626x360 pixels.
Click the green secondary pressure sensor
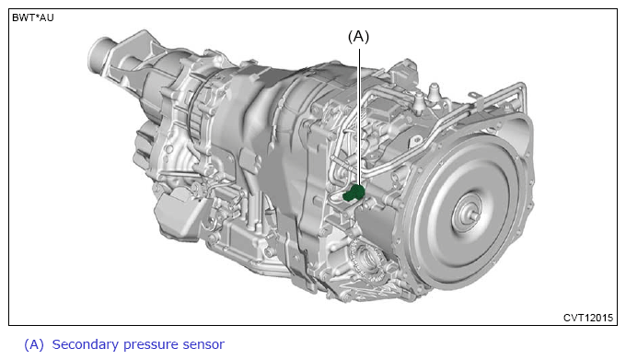(354, 193)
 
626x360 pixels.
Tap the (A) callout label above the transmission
(358, 37)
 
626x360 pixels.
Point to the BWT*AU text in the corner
(33, 18)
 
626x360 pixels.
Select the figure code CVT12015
(588, 318)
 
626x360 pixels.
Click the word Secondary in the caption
(86, 344)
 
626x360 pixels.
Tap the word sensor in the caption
(203, 345)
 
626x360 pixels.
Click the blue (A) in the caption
(34, 344)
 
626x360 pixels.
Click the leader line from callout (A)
(360, 117)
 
